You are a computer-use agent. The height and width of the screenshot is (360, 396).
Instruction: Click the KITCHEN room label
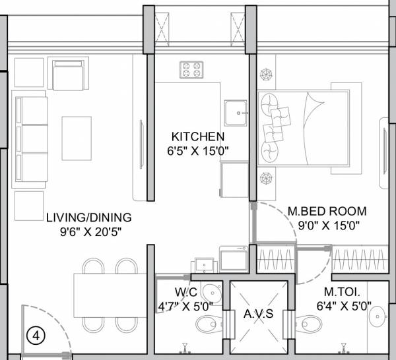click(x=198, y=136)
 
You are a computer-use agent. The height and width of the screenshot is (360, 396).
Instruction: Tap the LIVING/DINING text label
click(x=88, y=217)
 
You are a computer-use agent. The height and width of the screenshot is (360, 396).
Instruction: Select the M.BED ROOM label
click(x=327, y=212)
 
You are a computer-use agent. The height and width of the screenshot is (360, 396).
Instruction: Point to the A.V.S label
click(x=259, y=314)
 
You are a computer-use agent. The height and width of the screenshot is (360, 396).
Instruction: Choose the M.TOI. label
click(x=338, y=291)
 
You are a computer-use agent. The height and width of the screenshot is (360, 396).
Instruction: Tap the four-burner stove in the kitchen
click(x=191, y=69)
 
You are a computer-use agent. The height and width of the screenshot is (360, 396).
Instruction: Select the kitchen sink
click(x=236, y=113)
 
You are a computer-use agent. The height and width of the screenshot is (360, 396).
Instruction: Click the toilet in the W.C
click(x=208, y=323)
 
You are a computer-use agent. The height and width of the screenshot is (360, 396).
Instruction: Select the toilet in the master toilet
click(x=310, y=323)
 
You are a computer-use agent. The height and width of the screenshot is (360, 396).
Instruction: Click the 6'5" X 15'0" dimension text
click(x=198, y=150)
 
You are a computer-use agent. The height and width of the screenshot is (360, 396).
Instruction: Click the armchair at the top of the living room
click(x=69, y=75)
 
